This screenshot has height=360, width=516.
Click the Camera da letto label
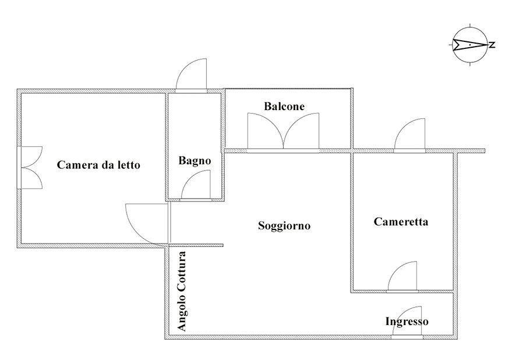(x=98, y=165)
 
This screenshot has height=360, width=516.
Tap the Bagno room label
(x=195, y=161)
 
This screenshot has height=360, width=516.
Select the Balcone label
(x=284, y=107)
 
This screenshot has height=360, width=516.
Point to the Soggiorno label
(x=284, y=225)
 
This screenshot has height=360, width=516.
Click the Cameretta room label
(x=401, y=221)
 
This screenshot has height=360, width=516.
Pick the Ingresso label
(x=407, y=322)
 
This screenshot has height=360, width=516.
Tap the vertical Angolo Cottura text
(x=182, y=291)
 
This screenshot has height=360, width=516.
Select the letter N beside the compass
(x=492, y=45)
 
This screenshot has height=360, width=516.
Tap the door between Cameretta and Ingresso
(x=403, y=277)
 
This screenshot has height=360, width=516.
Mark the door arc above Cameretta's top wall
(x=410, y=136)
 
